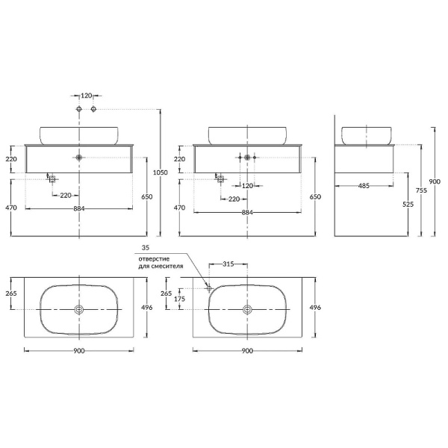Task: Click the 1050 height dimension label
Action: [161, 172]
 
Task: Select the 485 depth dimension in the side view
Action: [364, 186]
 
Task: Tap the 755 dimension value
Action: [421, 190]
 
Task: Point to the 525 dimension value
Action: [408, 205]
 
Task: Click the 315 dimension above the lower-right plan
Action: [228, 264]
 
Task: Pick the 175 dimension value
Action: [179, 299]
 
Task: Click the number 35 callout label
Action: [146, 248]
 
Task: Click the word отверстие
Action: [154, 259]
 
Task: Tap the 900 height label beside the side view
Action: [435, 181]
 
